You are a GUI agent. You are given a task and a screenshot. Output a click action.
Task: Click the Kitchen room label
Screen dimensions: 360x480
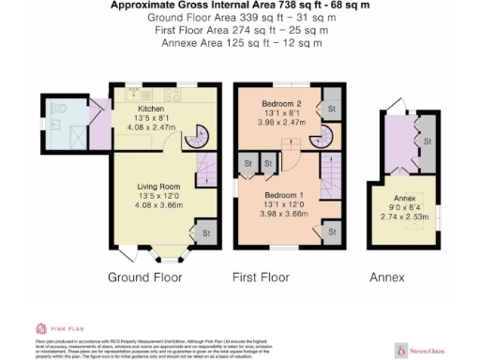coord(138,109)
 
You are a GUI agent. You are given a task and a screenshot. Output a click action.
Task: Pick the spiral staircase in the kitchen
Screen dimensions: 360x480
coord(194,138)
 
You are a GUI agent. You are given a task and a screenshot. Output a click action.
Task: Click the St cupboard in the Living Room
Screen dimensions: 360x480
coord(203,231)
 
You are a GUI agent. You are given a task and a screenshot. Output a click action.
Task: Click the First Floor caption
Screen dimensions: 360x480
coord(266,277)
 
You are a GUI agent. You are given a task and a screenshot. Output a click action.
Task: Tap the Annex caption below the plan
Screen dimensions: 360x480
coord(386,277)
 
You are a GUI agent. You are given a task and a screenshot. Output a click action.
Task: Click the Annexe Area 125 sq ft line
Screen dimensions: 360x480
coord(240,43)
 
